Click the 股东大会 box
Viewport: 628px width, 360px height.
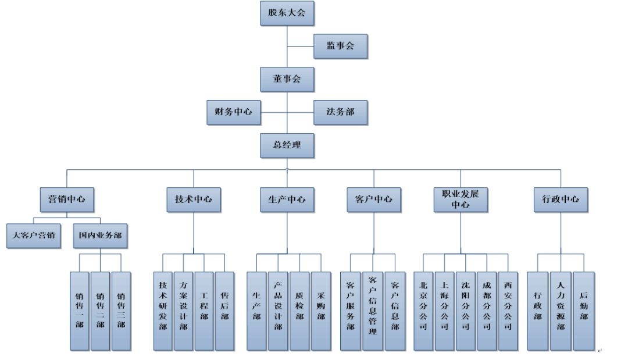click(287, 13)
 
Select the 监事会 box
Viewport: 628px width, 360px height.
click(340, 46)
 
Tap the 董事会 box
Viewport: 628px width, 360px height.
click(287, 80)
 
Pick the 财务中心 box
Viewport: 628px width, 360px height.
click(233, 112)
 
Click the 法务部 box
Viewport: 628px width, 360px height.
click(340, 112)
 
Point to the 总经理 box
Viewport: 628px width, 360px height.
click(287, 145)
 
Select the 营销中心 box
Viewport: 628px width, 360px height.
click(66, 199)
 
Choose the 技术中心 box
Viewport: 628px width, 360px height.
click(194, 199)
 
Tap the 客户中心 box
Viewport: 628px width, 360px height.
click(373, 199)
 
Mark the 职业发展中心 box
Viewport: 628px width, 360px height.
click(461, 199)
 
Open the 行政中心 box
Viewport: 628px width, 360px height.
click(561, 199)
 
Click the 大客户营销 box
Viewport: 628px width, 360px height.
click(34, 236)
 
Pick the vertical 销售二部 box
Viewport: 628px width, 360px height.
click(100, 311)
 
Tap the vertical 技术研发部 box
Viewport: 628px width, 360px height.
click(163, 311)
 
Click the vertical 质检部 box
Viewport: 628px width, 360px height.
click(299, 311)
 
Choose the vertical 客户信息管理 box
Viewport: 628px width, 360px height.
click(373, 311)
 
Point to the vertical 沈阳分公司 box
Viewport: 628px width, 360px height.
click(465, 311)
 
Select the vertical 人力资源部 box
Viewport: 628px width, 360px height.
click(561, 311)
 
